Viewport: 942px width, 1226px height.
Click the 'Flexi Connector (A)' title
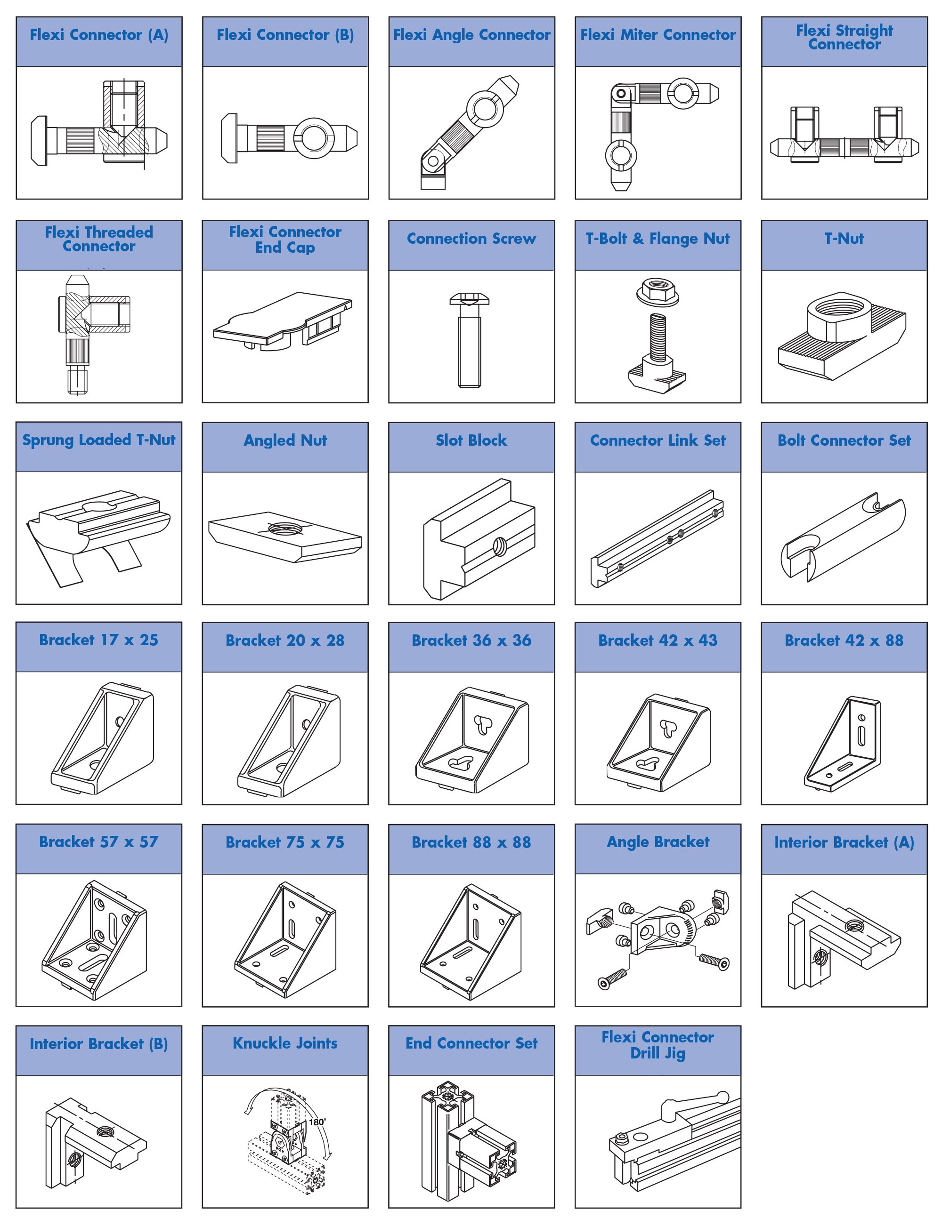pos(99,35)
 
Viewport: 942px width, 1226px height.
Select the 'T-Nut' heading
pos(844,239)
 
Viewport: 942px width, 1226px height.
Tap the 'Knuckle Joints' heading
pos(285,1043)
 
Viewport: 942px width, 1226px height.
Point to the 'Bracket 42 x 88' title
pos(844,641)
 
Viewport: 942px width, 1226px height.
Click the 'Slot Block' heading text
pos(471,441)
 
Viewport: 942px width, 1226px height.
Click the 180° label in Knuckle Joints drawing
pos(317,1122)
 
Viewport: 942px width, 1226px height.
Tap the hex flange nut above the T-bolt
pos(658,291)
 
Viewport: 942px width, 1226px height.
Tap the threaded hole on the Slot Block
pos(498,545)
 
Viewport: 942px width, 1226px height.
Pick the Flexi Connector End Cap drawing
pos(283,321)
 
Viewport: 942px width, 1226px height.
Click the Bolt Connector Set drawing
pos(843,538)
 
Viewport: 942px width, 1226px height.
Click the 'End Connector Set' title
pos(471,1043)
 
